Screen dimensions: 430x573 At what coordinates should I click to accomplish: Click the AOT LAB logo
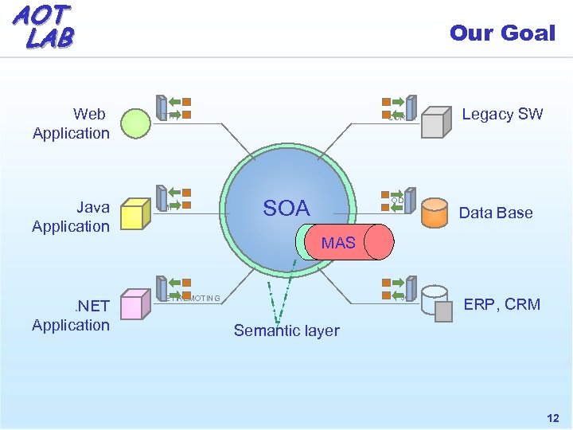pyautogui.click(x=43, y=25)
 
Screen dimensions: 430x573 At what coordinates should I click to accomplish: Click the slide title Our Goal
pyautogui.click(x=501, y=33)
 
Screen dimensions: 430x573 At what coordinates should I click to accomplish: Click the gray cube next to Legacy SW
pyautogui.click(x=436, y=124)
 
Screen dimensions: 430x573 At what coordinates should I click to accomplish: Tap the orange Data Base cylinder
pyautogui.click(x=435, y=213)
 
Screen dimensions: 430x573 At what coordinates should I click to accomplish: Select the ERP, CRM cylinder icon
pyautogui.click(x=437, y=302)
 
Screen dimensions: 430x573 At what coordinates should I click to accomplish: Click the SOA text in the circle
pyautogui.click(x=286, y=209)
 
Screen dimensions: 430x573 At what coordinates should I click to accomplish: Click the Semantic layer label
pyautogui.click(x=286, y=330)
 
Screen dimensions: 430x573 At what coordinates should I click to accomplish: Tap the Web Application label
pyautogui.click(x=71, y=124)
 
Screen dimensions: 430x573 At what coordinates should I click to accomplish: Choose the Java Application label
pyautogui.click(x=71, y=217)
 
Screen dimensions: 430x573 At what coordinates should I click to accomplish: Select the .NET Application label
pyautogui.click(x=71, y=315)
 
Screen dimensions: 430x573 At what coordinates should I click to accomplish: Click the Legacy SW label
pyautogui.click(x=502, y=114)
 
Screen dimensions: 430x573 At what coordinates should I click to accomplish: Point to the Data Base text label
pyautogui.click(x=496, y=213)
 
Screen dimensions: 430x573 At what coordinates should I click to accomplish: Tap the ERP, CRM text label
pyautogui.click(x=501, y=304)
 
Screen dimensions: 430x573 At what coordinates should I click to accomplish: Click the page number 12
pyautogui.click(x=552, y=418)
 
